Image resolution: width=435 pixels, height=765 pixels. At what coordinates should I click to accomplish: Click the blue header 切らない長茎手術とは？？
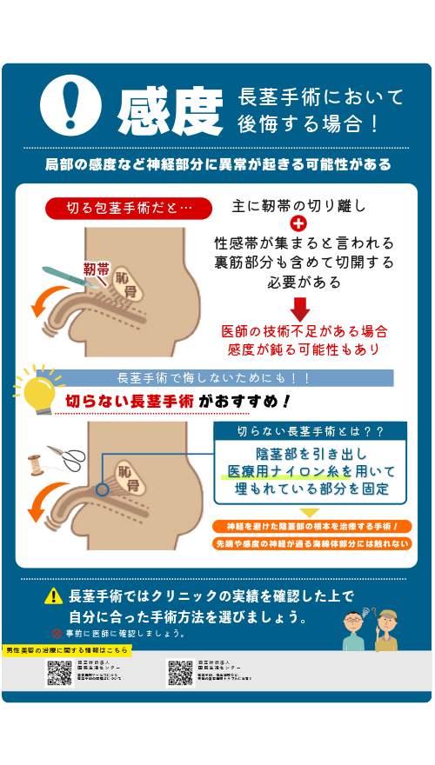311,431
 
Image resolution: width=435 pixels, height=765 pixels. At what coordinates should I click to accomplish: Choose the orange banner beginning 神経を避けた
311,527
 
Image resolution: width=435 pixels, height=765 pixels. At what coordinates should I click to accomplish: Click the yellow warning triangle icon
55,596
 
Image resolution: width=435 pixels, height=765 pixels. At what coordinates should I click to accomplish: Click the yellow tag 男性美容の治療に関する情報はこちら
67,650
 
